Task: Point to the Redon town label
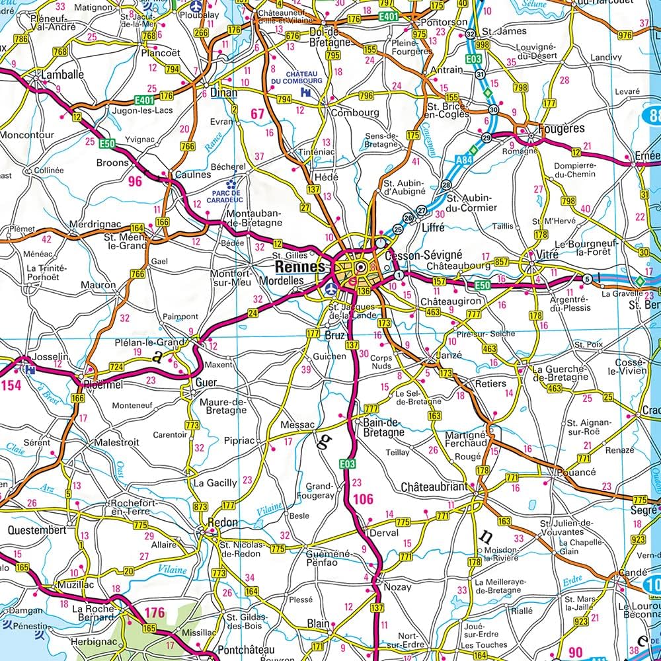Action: click(x=222, y=522)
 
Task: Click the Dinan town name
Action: click(x=223, y=93)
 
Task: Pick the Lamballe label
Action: click(x=63, y=75)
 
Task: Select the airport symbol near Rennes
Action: click(x=331, y=289)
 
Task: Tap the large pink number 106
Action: click(x=364, y=499)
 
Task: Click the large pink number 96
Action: click(x=135, y=180)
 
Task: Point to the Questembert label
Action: click(x=37, y=529)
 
